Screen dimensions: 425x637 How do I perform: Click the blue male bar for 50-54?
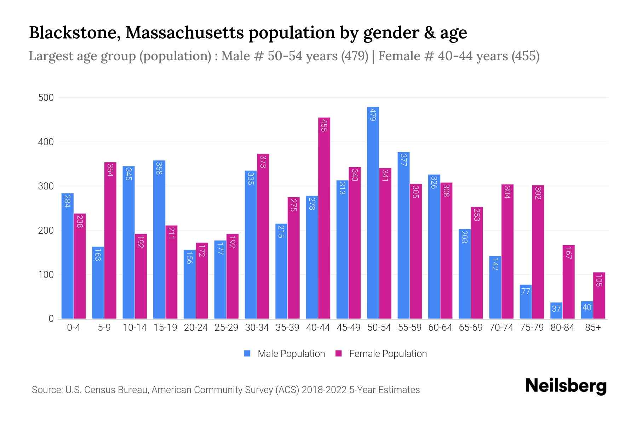pyautogui.click(x=373, y=212)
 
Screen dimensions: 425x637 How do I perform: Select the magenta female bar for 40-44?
pyautogui.click(x=324, y=218)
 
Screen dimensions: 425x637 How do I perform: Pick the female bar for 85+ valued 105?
pyautogui.click(x=599, y=296)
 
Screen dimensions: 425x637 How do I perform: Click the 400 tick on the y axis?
pyautogui.click(x=46, y=142)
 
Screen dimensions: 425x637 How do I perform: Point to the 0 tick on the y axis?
pyautogui.click(x=51, y=319)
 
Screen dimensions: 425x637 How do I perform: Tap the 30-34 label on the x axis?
pyautogui.click(x=257, y=328)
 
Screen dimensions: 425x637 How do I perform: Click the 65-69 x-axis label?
pyautogui.click(x=471, y=328)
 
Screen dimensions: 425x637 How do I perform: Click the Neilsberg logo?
pyautogui.click(x=566, y=386)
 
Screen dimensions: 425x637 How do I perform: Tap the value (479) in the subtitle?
pyautogui.click(x=355, y=56)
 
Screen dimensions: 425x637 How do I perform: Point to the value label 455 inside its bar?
pyautogui.click(x=324, y=125)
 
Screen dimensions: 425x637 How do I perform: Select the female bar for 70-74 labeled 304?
pyautogui.click(x=507, y=251)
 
